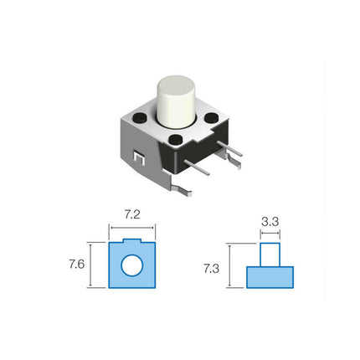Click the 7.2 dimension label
pyautogui.click(x=132, y=216)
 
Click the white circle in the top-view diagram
pyautogui.click(x=131, y=267)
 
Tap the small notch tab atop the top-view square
pyautogui.click(x=131, y=243)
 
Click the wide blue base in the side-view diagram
pyautogui.click(x=270, y=276)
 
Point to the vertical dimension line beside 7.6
pyautogui.click(x=91, y=265)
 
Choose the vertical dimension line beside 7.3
pyautogui.click(x=230, y=265)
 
